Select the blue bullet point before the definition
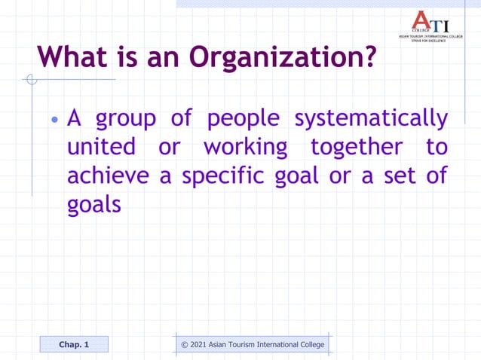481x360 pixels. click(54, 121)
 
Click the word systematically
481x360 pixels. click(370, 119)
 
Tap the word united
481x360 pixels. click(101, 147)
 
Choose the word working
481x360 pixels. click(246, 148)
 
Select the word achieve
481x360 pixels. click(110, 175)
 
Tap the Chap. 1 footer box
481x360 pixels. click(74, 345)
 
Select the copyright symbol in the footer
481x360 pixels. click(185, 345)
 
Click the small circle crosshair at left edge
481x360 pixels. click(30, 79)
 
